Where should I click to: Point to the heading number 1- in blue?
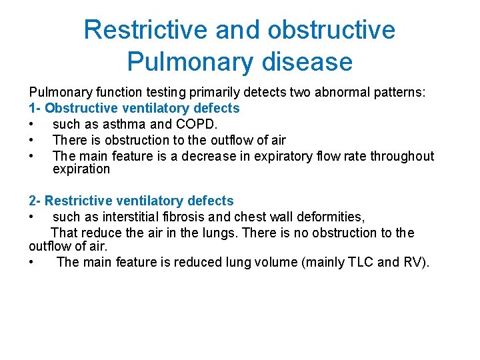[35, 108]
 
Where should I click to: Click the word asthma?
[125, 124]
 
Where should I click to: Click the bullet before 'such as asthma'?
[31, 125]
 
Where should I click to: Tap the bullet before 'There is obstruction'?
[31, 141]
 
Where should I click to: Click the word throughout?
[402, 156]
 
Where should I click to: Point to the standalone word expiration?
[81, 169]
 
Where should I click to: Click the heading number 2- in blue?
[35, 201]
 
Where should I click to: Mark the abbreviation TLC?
[361, 262]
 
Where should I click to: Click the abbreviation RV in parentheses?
[413, 262]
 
